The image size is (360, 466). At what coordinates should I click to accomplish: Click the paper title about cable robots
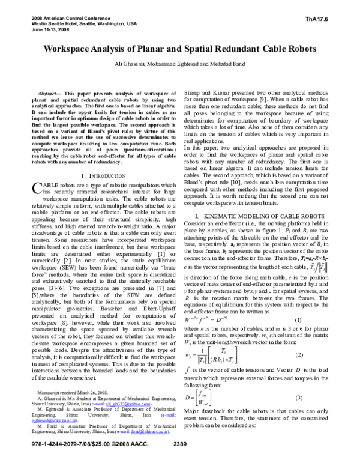179,47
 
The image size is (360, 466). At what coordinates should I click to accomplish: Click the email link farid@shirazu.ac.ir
142,447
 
